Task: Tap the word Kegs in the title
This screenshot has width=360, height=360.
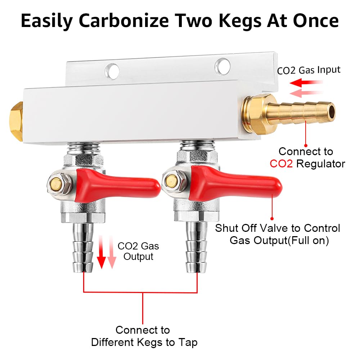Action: pyautogui.click(x=243, y=21)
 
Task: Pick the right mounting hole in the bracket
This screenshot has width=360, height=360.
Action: pyautogui.click(x=222, y=66)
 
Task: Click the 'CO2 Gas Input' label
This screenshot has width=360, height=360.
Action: pyautogui.click(x=309, y=69)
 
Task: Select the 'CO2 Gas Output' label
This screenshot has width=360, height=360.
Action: pyautogui.click(x=138, y=251)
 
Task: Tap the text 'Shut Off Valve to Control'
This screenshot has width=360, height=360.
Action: pyautogui.click(x=277, y=228)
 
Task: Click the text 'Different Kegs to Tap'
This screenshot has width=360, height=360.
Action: pyautogui.click(x=144, y=342)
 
